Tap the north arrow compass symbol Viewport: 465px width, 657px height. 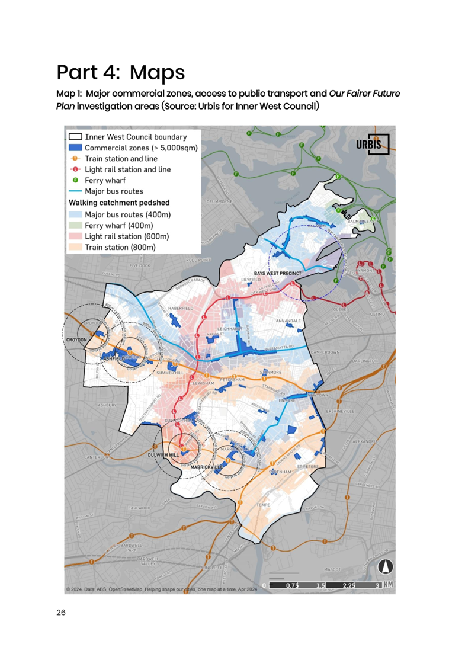coord(386,567)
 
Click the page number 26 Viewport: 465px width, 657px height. coord(60,612)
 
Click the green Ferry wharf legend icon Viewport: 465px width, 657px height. coord(75,181)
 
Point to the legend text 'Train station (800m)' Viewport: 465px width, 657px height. coord(120,247)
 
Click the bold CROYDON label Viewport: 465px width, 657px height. coord(77,339)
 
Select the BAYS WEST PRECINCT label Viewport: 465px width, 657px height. coord(277,273)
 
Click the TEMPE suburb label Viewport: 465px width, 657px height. coord(262,505)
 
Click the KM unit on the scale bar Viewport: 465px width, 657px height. coord(389,585)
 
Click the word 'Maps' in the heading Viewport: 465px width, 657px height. coord(157,73)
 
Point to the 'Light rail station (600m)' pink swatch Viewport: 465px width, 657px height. coord(75,236)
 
